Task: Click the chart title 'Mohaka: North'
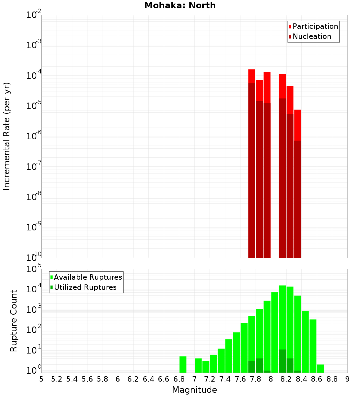click(180, 5)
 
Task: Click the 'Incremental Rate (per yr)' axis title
click(7, 136)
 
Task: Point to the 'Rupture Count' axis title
click(14, 321)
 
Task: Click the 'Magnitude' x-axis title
click(194, 390)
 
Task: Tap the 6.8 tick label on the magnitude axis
click(179, 379)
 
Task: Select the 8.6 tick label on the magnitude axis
click(317, 379)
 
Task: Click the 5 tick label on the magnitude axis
click(41, 379)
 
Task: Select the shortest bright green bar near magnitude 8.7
click(320, 369)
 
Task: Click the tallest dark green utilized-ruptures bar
click(282, 361)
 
